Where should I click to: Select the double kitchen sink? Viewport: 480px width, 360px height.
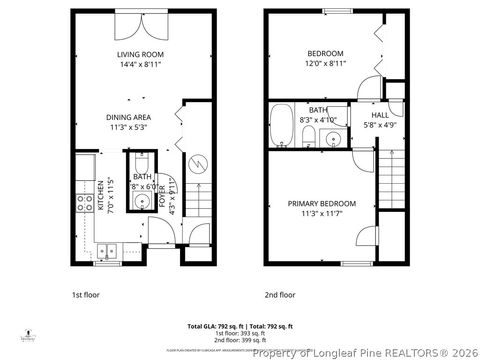point(107,251)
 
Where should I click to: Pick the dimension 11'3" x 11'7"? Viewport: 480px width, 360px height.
point(321,214)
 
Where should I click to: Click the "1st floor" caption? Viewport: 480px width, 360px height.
point(85,295)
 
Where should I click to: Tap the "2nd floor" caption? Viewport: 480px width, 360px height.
point(280,295)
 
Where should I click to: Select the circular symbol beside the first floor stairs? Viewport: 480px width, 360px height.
point(197,160)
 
